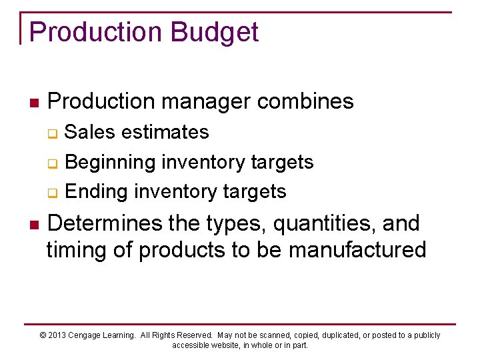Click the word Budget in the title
coord(213,32)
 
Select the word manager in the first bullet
coord(203,102)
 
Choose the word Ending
coord(97,192)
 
